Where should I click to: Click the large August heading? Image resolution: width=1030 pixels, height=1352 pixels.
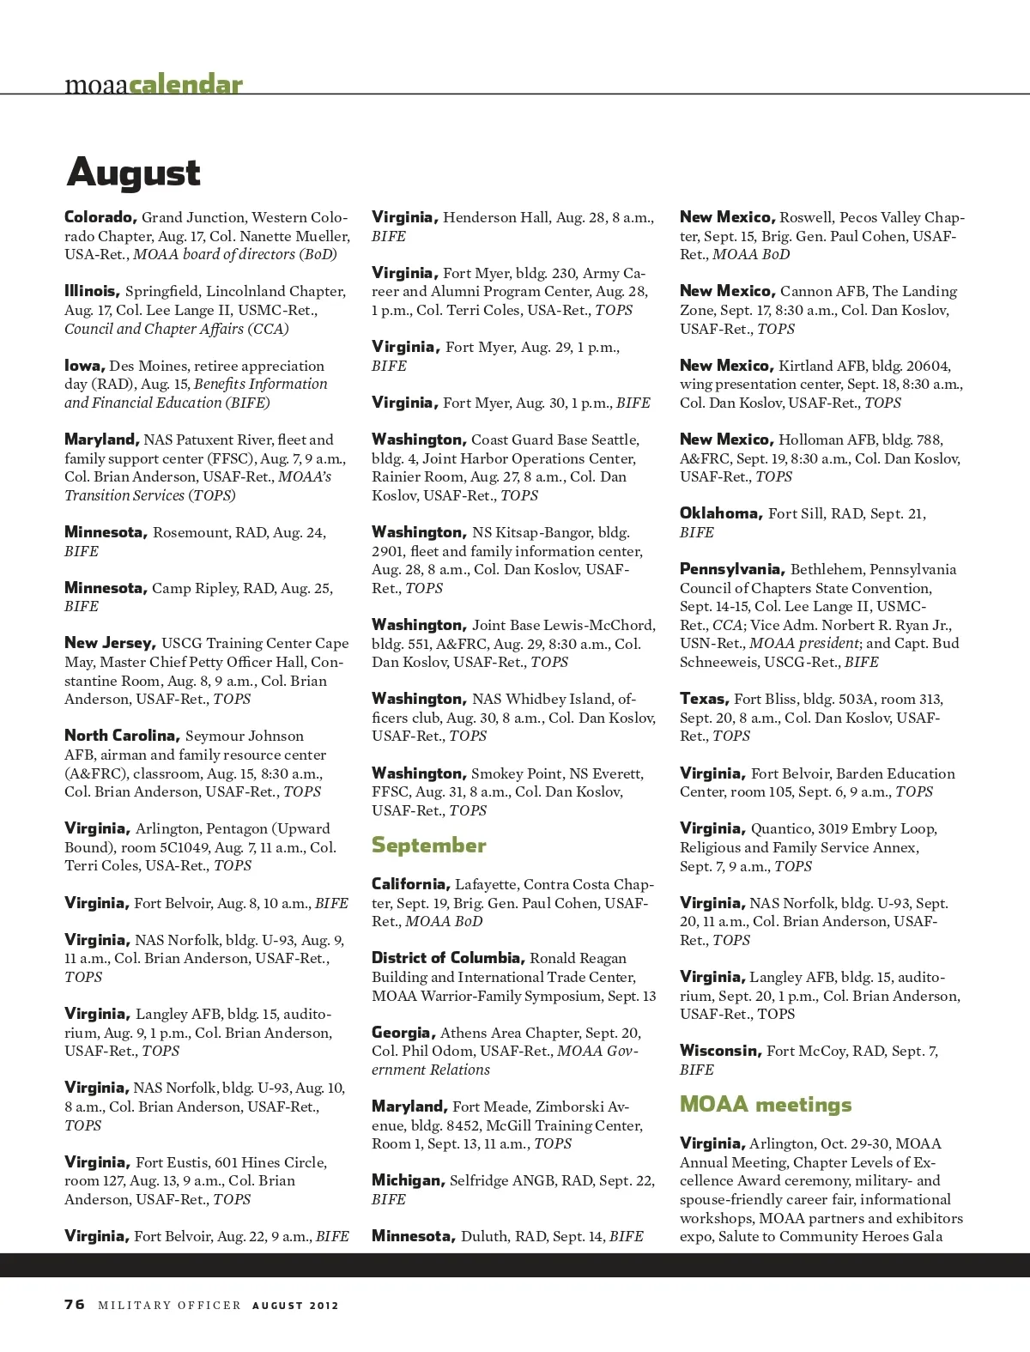(133, 173)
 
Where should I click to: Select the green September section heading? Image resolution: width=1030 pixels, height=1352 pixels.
(428, 846)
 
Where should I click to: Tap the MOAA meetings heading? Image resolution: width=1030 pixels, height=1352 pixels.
(766, 1105)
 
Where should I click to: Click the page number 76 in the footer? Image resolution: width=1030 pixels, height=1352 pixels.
(75, 1304)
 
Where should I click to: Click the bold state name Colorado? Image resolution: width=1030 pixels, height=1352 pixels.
(100, 217)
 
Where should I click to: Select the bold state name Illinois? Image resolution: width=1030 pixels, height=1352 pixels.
(92, 291)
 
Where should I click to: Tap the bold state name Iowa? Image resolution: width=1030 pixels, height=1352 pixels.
(84, 366)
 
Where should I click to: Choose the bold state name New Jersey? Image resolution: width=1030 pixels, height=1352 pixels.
(110, 643)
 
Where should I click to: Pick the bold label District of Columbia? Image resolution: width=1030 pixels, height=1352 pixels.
(447, 958)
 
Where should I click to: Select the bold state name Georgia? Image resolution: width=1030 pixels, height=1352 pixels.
(403, 1033)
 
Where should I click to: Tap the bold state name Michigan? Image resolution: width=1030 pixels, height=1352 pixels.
(408, 1180)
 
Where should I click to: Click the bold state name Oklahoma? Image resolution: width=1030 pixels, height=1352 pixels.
(721, 513)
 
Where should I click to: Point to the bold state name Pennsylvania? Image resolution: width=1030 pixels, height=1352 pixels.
(731, 569)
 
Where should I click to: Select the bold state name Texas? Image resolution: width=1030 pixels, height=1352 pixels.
(704, 699)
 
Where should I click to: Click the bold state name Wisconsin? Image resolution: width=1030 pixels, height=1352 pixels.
(720, 1051)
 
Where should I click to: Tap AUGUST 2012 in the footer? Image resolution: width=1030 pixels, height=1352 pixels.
(295, 1306)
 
